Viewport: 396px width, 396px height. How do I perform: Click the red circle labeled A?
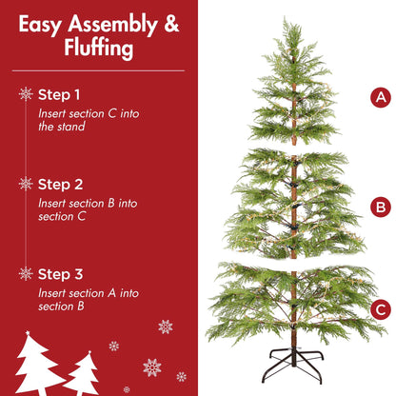pos(381,97)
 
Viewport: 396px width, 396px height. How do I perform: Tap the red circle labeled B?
pos(381,207)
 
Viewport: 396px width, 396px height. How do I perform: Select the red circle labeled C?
pos(381,308)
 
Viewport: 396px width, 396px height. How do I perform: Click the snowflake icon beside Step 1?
pos(26,94)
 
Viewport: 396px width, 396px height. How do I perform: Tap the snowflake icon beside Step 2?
pos(26,184)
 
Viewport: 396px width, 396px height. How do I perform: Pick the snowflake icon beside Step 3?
pos(26,273)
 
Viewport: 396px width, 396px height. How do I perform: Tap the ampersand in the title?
pos(170,24)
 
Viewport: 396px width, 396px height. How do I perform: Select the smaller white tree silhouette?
pos(85,377)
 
